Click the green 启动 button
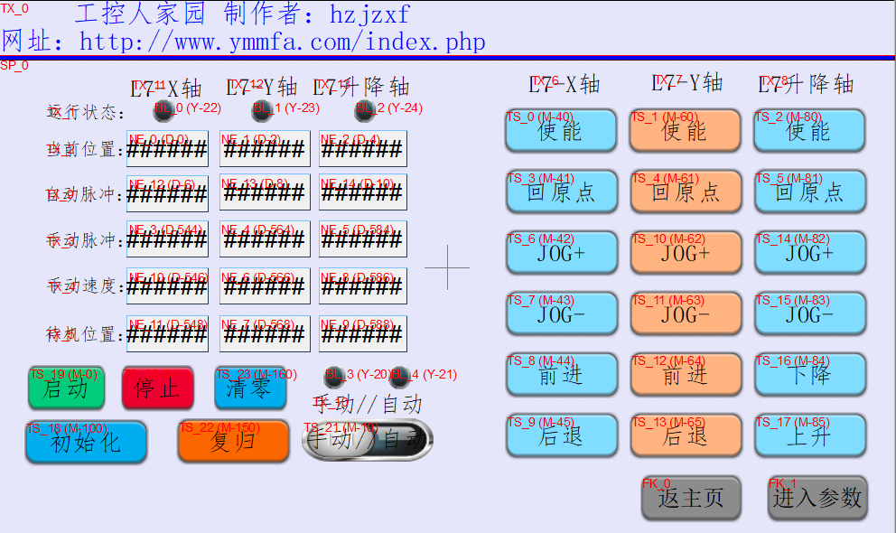tap(67, 388)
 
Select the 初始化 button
tap(86, 442)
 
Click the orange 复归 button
tap(233, 442)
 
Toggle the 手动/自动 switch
tap(367, 440)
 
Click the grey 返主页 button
tap(691, 497)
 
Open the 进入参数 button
tap(817, 497)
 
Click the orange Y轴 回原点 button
tap(686, 192)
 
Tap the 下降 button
tap(809, 374)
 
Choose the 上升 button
tap(809, 435)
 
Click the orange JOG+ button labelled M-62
tap(686, 253)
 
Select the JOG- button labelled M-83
tap(809, 313)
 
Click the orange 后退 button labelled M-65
tap(686, 435)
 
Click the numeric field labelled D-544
tap(167, 239)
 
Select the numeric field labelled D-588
tap(362, 333)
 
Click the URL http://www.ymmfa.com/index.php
tap(282, 42)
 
